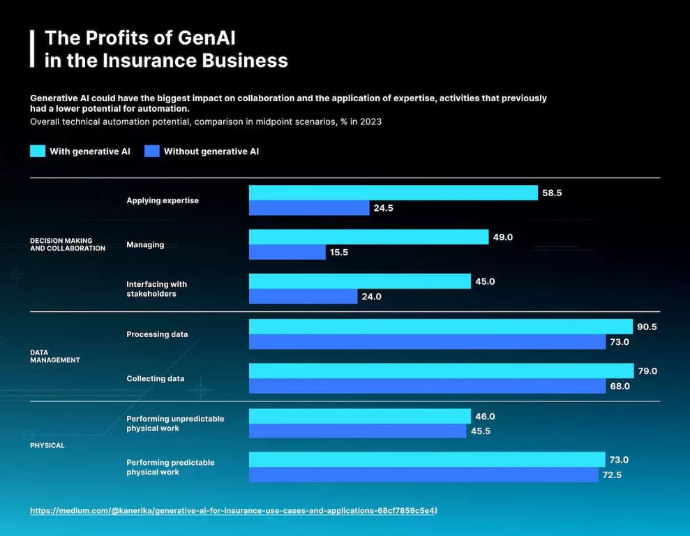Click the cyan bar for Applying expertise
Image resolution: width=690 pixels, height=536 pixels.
[x=393, y=193]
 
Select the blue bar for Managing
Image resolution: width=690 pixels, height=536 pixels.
[x=287, y=252]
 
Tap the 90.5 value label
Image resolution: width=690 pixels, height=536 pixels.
[x=647, y=327]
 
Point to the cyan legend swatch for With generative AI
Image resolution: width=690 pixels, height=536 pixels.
[x=38, y=151]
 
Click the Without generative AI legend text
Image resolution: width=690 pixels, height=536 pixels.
[x=211, y=151]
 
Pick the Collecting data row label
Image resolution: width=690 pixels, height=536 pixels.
[x=155, y=379]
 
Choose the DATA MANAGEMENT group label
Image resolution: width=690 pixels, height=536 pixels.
[x=54, y=357]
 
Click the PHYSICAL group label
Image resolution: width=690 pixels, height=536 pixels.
[x=47, y=445]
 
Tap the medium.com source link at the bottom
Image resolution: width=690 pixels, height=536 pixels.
[x=233, y=510]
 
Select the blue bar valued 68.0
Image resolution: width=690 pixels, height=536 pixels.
[x=427, y=386]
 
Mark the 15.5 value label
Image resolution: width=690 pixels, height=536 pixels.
[x=339, y=253]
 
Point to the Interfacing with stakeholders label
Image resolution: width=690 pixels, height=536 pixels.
[x=156, y=289]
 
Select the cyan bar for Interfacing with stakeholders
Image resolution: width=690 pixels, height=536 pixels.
[x=359, y=281]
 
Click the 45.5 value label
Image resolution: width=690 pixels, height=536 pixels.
[x=481, y=431]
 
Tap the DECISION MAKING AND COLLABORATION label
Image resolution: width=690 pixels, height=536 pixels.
[x=67, y=244]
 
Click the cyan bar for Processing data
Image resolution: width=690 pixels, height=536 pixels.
[x=440, y=327]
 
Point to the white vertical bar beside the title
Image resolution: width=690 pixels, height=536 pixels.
[x=32, y=48]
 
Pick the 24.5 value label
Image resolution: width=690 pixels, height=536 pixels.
[x=383, y=208]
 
